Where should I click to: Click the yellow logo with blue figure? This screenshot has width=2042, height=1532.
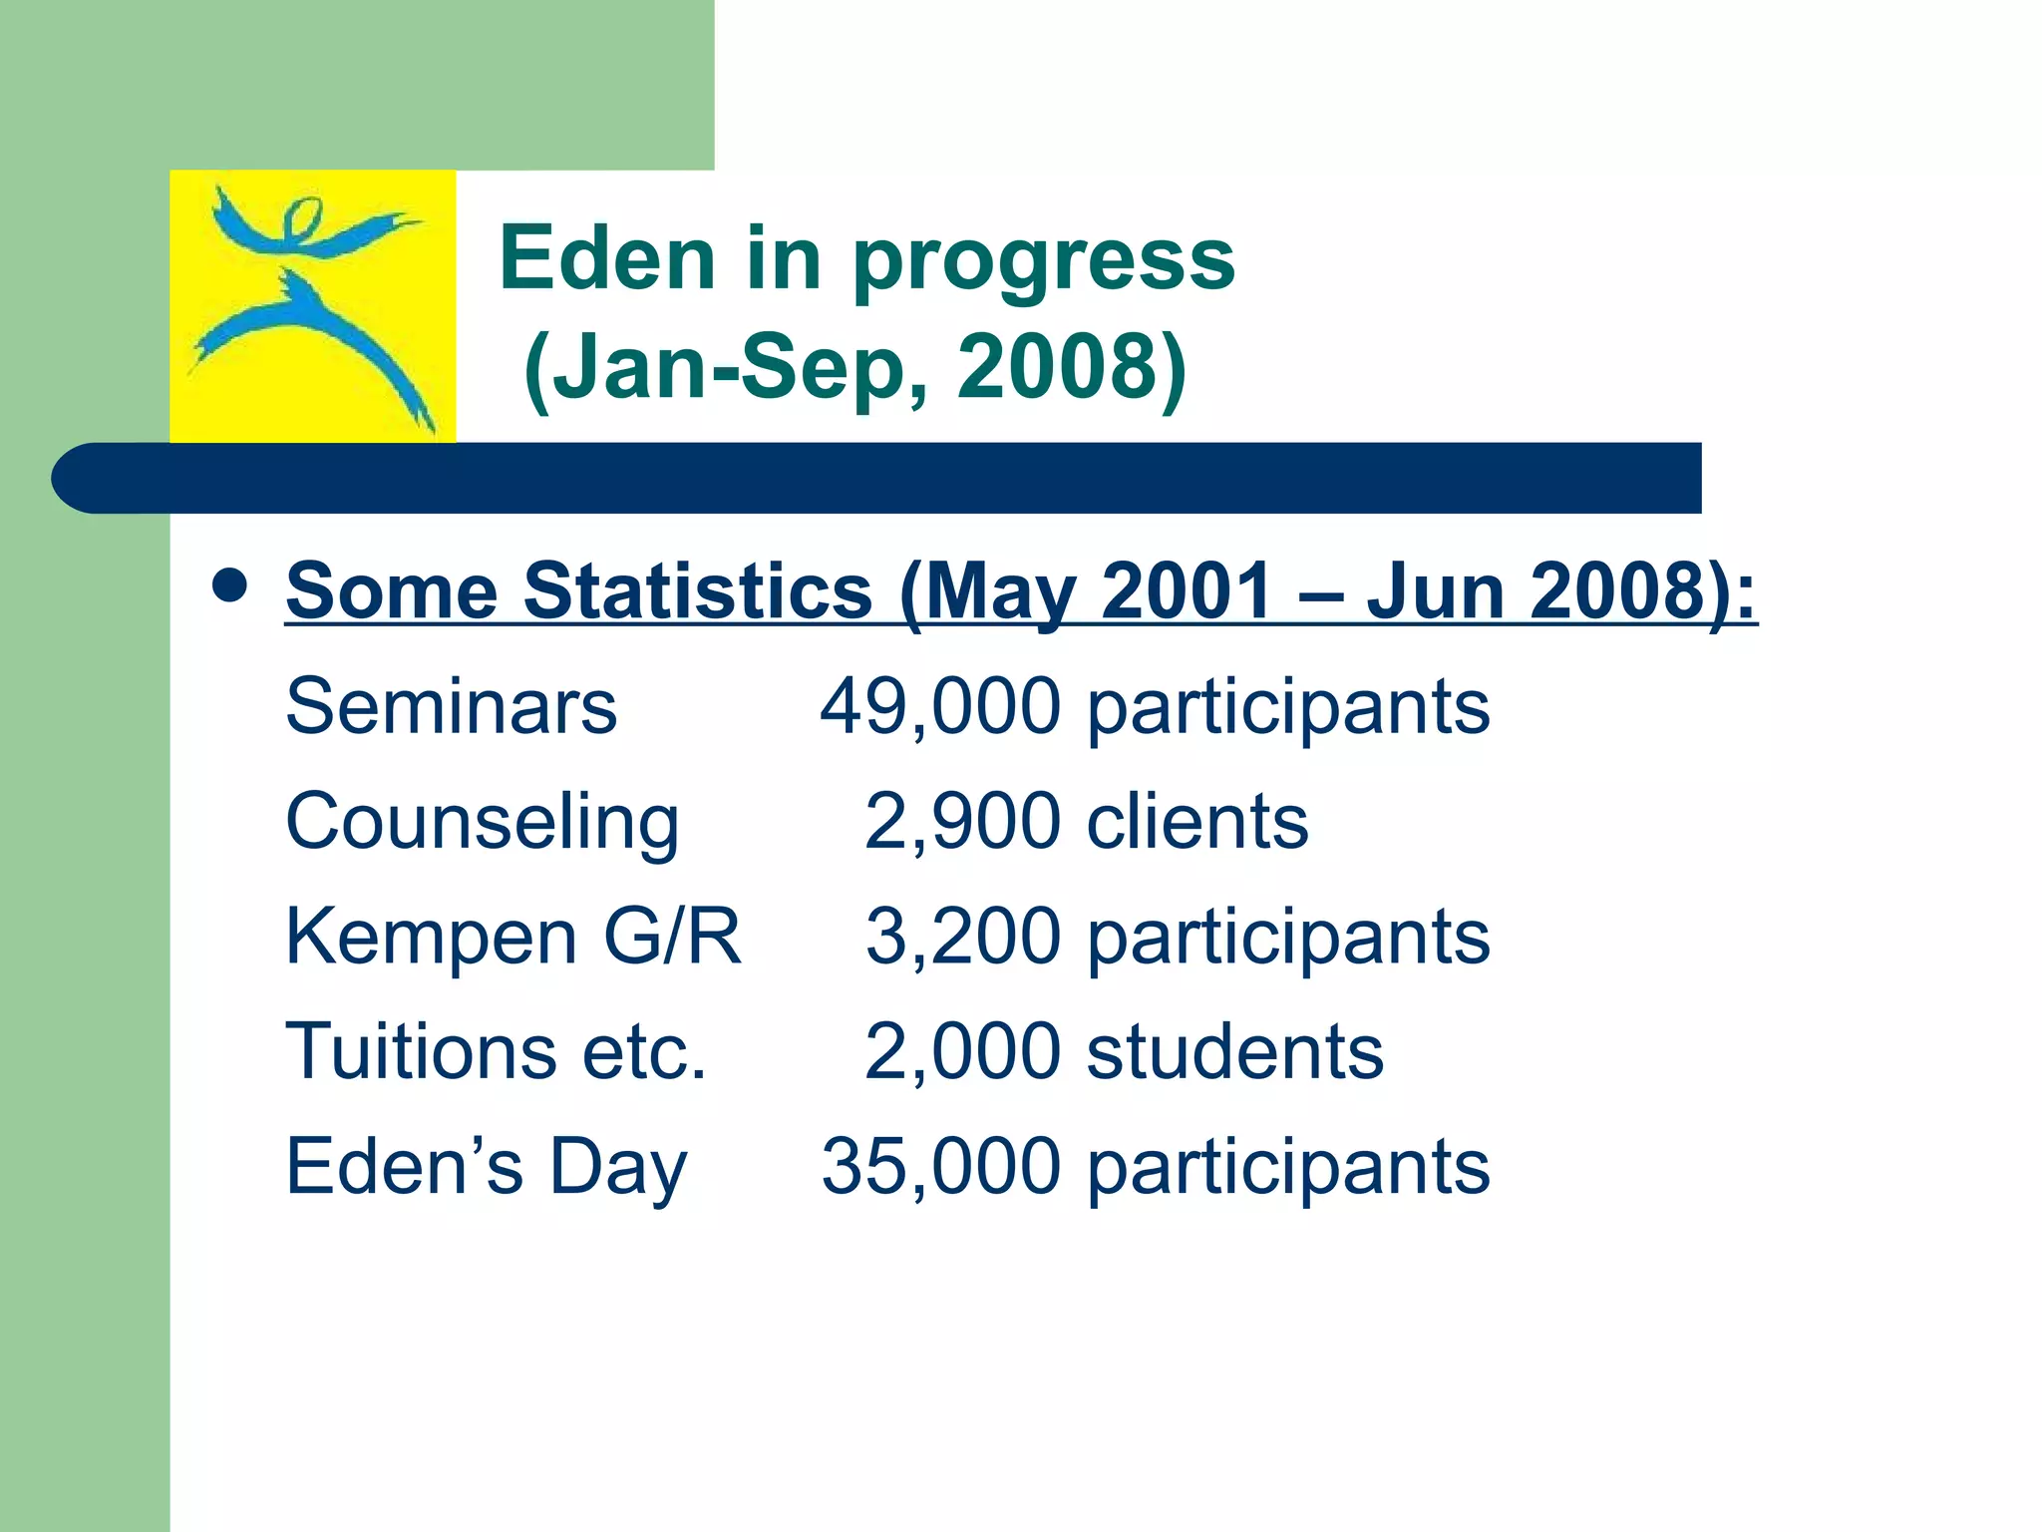(312, 306)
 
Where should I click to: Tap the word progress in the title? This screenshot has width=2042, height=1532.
(1043, 262)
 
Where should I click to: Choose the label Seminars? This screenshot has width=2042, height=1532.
(451, 706)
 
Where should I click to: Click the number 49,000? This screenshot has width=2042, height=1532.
(940, 706)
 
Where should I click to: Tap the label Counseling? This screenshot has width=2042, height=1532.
(483, 822)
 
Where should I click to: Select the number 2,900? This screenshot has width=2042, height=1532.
(962, 822)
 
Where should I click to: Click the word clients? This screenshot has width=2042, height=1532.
(1196, 822)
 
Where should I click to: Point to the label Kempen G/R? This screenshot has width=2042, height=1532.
(513, 937)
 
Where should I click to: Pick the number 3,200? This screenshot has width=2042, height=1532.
(962, 937)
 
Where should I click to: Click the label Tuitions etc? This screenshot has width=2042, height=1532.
(496, 1051)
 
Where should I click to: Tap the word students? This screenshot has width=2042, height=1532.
(1234, 1051)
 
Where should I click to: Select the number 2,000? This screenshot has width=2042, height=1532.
(962, 1051)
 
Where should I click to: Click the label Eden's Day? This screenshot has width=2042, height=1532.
(487, 1166)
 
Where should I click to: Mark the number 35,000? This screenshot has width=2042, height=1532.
(940, 1166)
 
